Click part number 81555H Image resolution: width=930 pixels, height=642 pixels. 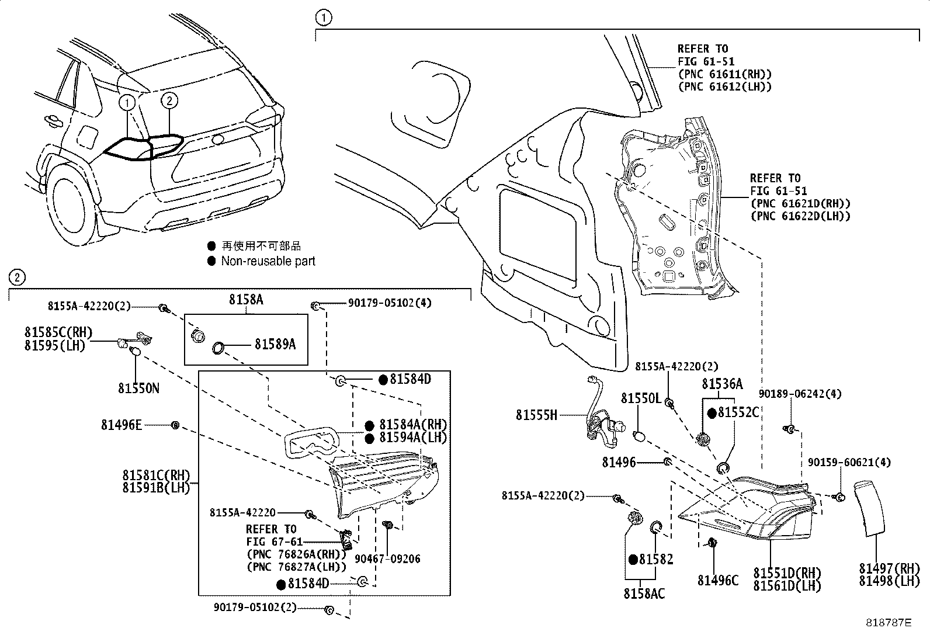(536, 415)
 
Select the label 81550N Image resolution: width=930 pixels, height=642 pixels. (138, 388)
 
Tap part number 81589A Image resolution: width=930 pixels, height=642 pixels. (275, 345)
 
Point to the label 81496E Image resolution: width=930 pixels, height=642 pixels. (121, 425)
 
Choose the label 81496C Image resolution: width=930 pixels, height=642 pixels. (718, 580)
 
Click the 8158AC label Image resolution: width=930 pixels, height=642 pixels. (644, 594)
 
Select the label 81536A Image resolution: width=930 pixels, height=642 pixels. (722, 384)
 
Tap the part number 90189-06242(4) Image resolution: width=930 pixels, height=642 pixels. (800, 394)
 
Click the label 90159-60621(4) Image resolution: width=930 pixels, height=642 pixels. (849, 462)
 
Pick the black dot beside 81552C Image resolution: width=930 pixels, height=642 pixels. (712, 413)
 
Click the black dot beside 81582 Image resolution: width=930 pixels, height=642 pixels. (632, 559)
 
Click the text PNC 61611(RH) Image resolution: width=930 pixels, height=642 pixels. (724, 74)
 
